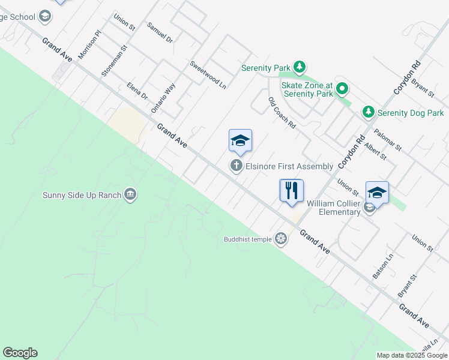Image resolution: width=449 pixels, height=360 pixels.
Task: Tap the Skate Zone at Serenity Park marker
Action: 342,90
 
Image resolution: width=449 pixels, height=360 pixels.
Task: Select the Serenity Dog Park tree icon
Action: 369,112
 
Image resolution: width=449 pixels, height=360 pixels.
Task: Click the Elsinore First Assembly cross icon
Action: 237,166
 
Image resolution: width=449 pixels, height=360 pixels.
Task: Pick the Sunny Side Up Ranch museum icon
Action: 130,194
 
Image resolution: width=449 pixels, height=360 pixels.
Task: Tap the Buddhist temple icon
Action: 280,239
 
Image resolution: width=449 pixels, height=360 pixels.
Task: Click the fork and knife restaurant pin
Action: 292,191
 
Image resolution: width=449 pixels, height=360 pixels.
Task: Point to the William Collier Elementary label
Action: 333,208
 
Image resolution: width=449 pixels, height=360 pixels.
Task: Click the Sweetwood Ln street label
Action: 208,75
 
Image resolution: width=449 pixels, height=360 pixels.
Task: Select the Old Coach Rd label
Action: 282,113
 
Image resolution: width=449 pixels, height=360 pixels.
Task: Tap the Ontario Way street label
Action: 163,98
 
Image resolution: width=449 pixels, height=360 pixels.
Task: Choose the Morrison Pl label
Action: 90,45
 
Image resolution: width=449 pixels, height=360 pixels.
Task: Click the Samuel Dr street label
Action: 160,33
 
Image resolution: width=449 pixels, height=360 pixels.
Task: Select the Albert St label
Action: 375,151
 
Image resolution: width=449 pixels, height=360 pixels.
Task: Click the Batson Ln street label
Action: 382,266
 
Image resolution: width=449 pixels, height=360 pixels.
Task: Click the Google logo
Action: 20,353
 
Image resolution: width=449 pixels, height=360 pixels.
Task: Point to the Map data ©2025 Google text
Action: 411,355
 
